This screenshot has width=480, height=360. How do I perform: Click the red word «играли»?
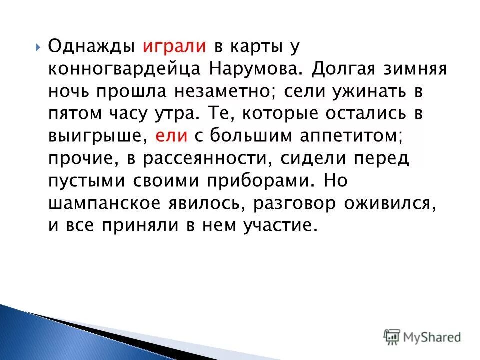(x=175, y=46)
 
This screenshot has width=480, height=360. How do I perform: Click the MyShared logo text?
(x=432, y=337)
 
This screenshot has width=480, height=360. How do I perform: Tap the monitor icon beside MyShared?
(x=392, y=336)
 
